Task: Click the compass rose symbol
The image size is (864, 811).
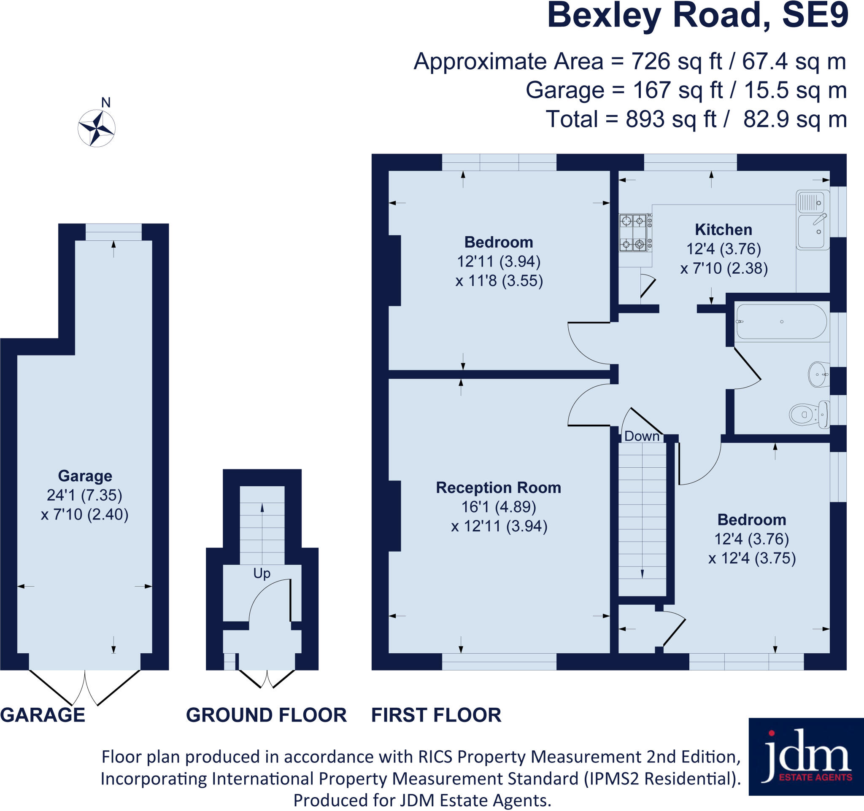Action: click(97, 129)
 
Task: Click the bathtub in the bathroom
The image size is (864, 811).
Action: click(781, 322)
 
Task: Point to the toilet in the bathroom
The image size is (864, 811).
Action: click(809, 415)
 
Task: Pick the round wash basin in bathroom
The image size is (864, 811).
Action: click(818, 374)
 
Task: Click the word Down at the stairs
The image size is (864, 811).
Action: click(642, 436)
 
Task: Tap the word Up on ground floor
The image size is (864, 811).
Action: click(262, 574)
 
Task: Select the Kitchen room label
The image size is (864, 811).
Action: click(723, 229)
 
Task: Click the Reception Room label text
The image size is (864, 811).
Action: click(499, 488)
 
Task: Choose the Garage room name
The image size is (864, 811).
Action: click(85, 476)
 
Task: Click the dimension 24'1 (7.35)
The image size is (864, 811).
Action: click(85, 495)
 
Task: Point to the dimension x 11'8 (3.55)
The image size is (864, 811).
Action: click(499, 280)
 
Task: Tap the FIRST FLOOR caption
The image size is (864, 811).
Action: click(436, 714)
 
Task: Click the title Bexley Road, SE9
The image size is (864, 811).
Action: click(697, 16)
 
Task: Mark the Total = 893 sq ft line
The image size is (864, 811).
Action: click(696, 119)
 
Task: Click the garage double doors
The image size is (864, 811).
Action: click(85, 687)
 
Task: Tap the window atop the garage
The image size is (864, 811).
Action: click(113, 232)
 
